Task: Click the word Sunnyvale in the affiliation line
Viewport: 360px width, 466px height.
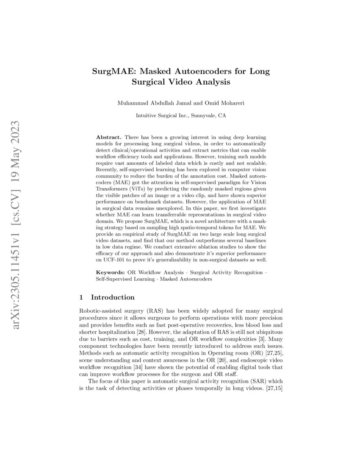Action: [202, 115]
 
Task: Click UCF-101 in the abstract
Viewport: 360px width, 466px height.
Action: [114, 260]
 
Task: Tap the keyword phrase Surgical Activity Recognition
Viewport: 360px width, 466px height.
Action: [227, 272]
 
